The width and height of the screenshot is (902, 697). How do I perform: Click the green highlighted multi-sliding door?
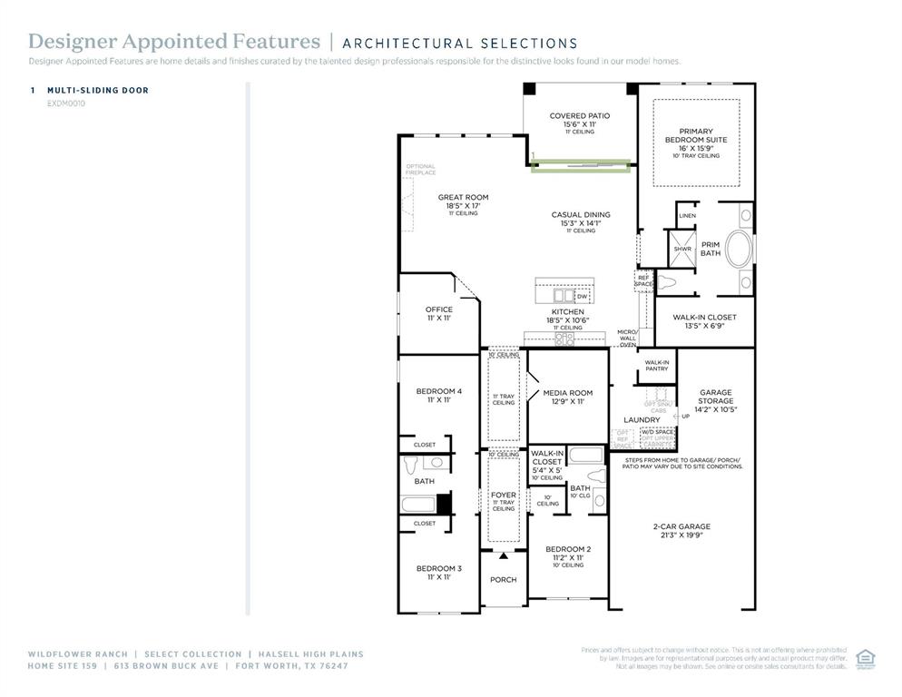coord(580,166)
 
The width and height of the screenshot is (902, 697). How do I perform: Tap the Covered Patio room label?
coord(580,116)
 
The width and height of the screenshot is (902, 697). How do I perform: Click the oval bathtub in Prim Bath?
coord(738,249)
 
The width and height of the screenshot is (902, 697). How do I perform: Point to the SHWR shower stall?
coord(681,249)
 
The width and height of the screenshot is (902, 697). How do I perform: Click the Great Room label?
coord(463,198)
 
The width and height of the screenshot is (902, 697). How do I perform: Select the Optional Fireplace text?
coord(421,170)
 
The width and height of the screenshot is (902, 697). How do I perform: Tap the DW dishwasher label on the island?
coord(582,296)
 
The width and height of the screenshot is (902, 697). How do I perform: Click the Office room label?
coord(439,309)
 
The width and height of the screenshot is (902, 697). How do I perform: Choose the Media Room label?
coord(568,393)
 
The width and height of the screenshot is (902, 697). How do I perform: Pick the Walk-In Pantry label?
coord(656,365)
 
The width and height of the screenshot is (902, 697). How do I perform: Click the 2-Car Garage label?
coord(681,526)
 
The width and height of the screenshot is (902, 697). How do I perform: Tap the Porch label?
coord(503,580)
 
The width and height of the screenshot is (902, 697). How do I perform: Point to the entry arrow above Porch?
coord(503,555)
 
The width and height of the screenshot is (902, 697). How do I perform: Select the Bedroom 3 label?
coord(439,569)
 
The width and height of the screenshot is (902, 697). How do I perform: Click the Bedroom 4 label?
coord(439,391)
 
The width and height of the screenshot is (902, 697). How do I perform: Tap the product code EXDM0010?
coord(66,103)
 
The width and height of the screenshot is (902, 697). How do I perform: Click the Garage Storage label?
coord(715,398)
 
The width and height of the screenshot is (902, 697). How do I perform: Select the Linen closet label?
coord(688,215)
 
